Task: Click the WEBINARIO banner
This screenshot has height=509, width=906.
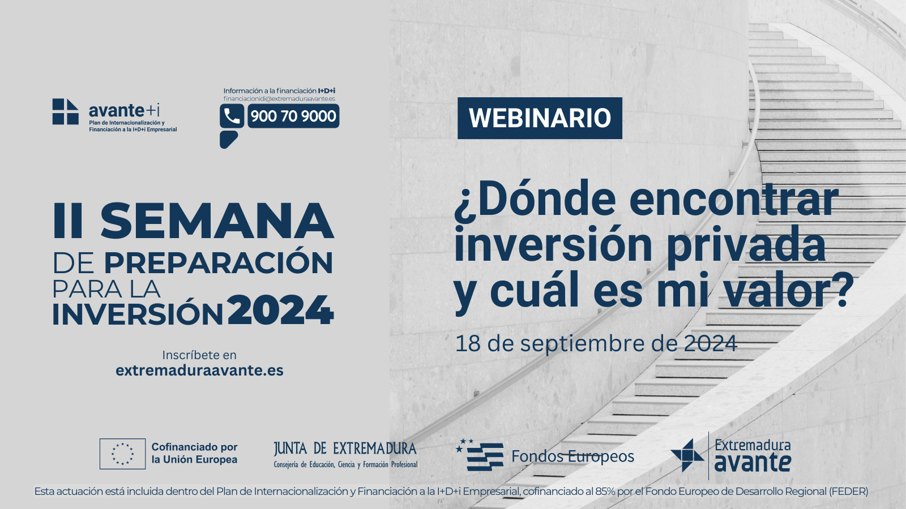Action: point(540,118)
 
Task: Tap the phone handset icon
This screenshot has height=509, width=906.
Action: point(232,116)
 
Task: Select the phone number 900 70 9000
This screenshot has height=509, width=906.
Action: point(293,116)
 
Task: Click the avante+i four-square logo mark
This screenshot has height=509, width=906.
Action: point(66,111)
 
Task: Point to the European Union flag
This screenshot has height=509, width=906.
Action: point(122,454)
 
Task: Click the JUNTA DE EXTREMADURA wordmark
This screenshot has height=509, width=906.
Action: point(345,448)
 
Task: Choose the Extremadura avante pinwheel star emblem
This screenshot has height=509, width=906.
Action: point(687,455)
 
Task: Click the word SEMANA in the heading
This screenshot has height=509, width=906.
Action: point(217,221)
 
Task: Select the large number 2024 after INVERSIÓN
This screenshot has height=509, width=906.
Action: point(281,310)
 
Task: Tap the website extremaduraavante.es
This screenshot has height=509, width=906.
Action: point(199,370)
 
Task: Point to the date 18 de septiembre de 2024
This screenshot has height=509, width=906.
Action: point(596,344)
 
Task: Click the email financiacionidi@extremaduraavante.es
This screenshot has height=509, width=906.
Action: point(279,98)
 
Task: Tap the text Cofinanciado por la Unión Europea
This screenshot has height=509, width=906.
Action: point(195,453)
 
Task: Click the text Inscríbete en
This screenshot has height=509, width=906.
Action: point(199,355)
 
